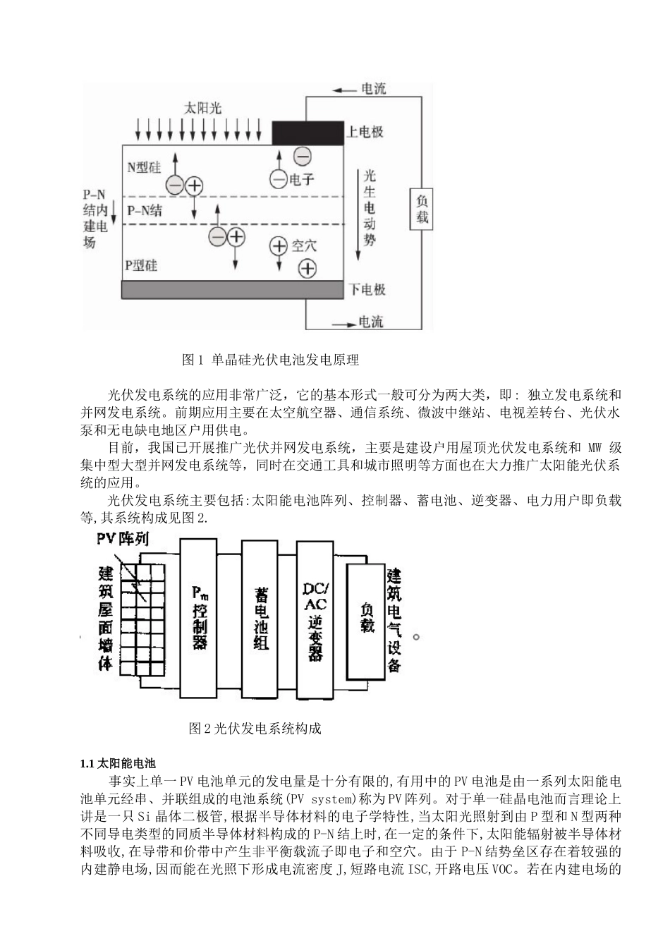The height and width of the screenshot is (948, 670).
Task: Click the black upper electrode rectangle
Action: click(307, 132)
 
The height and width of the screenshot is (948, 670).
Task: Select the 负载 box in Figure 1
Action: click(421, 209)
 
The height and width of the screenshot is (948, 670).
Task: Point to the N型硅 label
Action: click(143, 167)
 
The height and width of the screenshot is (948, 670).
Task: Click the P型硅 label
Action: click(141, 265)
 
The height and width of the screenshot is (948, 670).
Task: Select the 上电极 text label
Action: click(365, 132)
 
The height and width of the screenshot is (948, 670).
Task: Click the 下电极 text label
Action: click(367, 290)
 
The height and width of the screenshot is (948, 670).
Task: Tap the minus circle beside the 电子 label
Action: click(279, 179)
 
